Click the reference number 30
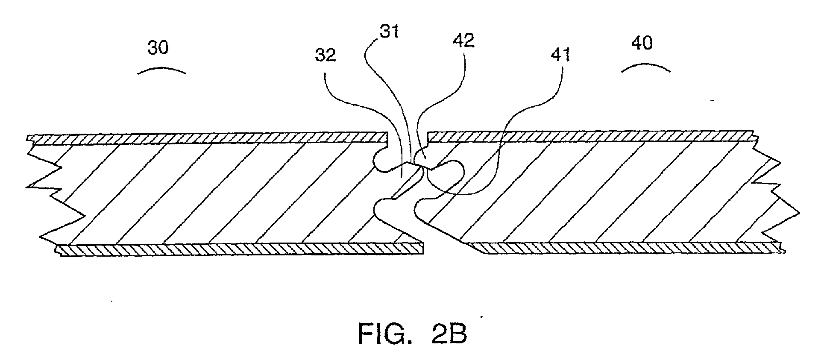[x=158, y=48]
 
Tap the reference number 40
[x=641, y=44]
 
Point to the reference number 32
[x=326, y=56]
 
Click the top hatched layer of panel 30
[x=205, y=138]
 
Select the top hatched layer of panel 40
[x=589, y=136]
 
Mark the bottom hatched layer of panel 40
[x=624, y=248]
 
